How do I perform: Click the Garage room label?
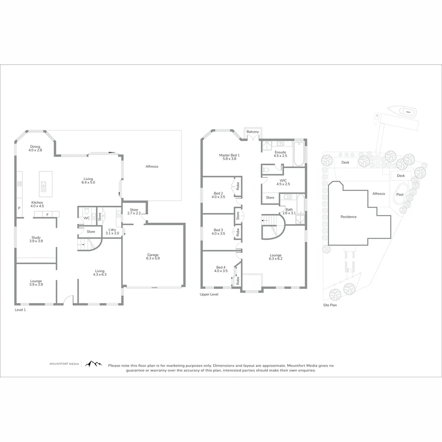(x=153, y=255)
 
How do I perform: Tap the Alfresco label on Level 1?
(x=152, y=167)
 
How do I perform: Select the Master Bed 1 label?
(x=229, y=155)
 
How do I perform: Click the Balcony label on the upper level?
(x=253, y=132)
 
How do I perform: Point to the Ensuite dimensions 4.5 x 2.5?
(x=280, y=156)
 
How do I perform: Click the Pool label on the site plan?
(x=399, y=195)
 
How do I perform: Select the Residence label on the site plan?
(x=348, y=217)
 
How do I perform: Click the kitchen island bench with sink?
(x=43, y=182)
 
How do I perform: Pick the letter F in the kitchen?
(x=47, y=214)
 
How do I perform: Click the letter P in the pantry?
(x=19, y=208)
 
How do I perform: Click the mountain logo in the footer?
(x=93, y=364)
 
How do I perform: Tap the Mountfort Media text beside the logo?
(x=64, y=364)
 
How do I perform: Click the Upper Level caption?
(x=209, y=294)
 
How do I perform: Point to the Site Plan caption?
(x=329, y=305)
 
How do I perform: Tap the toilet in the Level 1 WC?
(x=86, y=210)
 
